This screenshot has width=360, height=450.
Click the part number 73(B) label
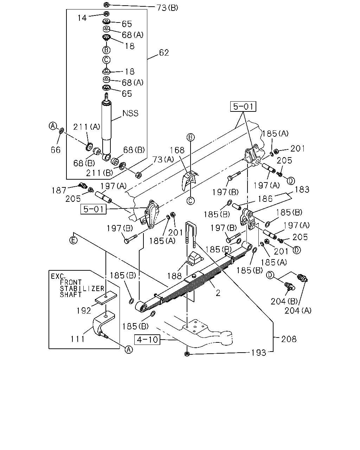[x=167, y=8]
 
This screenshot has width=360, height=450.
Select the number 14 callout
[x=82, y=18]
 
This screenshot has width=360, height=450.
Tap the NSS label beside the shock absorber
[x=130, y=113]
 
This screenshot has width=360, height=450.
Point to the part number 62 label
[x=164, y=53]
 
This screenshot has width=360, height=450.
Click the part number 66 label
[x=56, y=150]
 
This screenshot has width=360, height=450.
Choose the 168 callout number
[x=177, y=150]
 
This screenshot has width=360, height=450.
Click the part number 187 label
[x=59, y=191]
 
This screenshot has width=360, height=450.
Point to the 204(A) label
[x=298, y=311]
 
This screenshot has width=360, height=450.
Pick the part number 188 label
[x=174, y=276]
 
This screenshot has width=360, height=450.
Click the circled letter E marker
[x=73, y=240]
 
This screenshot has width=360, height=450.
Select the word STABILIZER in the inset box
[x=82, y=289]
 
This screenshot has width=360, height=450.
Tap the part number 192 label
[x=84, y=311]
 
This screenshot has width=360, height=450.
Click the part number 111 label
[x=77, y=339]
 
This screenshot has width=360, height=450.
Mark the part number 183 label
[x=302, y=189]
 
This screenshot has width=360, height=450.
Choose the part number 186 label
[x=265, y=199]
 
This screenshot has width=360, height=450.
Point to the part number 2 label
[x=218, y=293]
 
